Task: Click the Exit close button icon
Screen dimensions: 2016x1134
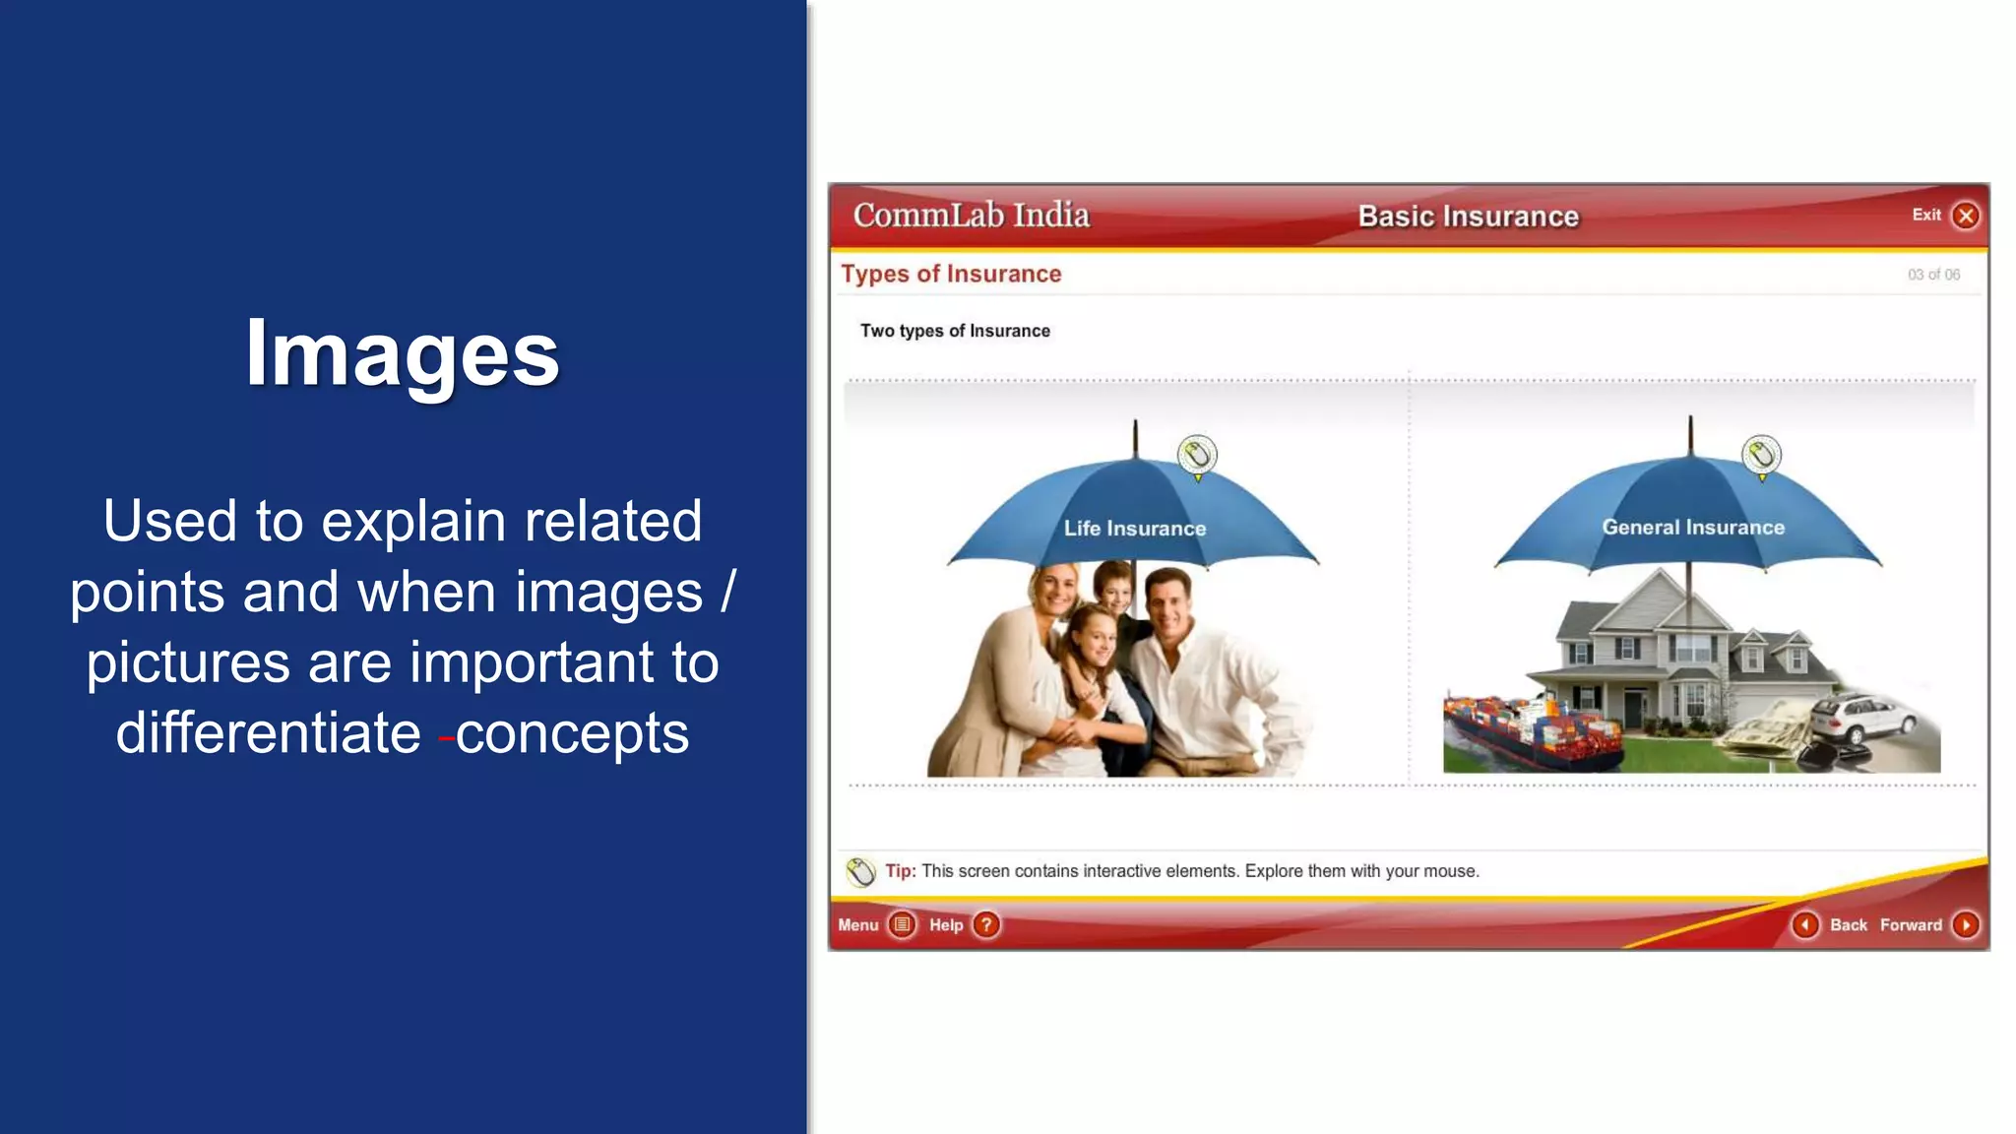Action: click(1966, 216)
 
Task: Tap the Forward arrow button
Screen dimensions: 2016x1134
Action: click(1966, 924)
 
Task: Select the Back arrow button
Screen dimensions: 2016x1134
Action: click(1805, 924)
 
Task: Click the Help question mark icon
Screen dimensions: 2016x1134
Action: click(986, 924)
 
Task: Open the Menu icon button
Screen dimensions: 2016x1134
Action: click(902, 924)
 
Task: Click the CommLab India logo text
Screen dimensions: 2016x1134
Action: click(972, 215)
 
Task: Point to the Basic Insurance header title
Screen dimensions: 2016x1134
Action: click(1469, 217)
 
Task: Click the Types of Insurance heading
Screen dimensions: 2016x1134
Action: click(951, 274)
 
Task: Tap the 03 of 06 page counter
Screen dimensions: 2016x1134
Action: click(1933, 275)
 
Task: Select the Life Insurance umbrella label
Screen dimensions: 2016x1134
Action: click(1135, 529)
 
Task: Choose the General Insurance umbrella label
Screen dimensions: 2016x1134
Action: click(1693, 528)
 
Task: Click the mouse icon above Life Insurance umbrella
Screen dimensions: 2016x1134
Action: click(1197, 456)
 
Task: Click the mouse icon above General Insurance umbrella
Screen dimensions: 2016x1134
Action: click(1761, 456)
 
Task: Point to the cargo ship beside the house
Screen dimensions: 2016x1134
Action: click(1531, 730)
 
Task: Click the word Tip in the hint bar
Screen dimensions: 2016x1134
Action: click(900, 871)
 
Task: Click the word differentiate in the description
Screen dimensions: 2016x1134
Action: click(269, 733)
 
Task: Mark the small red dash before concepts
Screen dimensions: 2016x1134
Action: click(446, 737)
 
